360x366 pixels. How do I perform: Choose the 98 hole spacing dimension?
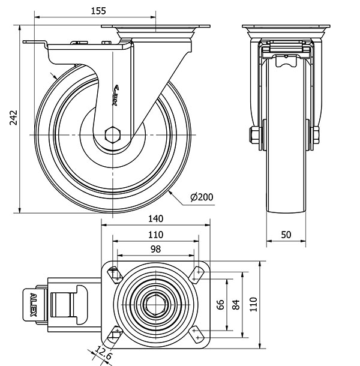[155, 249]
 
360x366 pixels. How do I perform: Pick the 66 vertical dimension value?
[220, 304]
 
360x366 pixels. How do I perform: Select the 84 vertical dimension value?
[236, 304]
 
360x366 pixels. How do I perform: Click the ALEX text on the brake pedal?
[34, 304]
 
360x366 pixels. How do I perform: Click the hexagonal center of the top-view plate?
[156, 304]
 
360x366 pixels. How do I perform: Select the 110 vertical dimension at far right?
[253, 304]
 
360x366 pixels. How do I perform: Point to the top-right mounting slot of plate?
[196, 274]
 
